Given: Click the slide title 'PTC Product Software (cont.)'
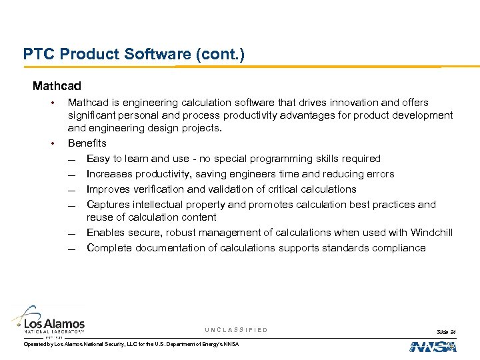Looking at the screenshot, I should (133, 53).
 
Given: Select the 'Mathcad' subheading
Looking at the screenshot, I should (57, 86).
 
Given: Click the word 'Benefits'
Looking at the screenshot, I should (87, 143).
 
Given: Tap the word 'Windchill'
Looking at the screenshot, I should (431, 233).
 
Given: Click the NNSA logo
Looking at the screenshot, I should (433, 347).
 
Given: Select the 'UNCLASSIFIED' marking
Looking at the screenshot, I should (236, 330).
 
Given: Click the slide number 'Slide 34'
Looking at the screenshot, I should (446, 331).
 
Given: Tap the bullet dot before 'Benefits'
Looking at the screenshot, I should (50, 143).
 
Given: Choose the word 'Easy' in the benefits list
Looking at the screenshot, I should (97, 159).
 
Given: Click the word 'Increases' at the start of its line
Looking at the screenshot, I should (109, 174).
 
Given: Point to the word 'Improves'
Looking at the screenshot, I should (107, 189).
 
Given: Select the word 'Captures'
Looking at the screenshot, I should (107, 205).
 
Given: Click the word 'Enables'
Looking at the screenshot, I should (105, 233).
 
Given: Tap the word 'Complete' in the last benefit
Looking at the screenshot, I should (109, 248).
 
